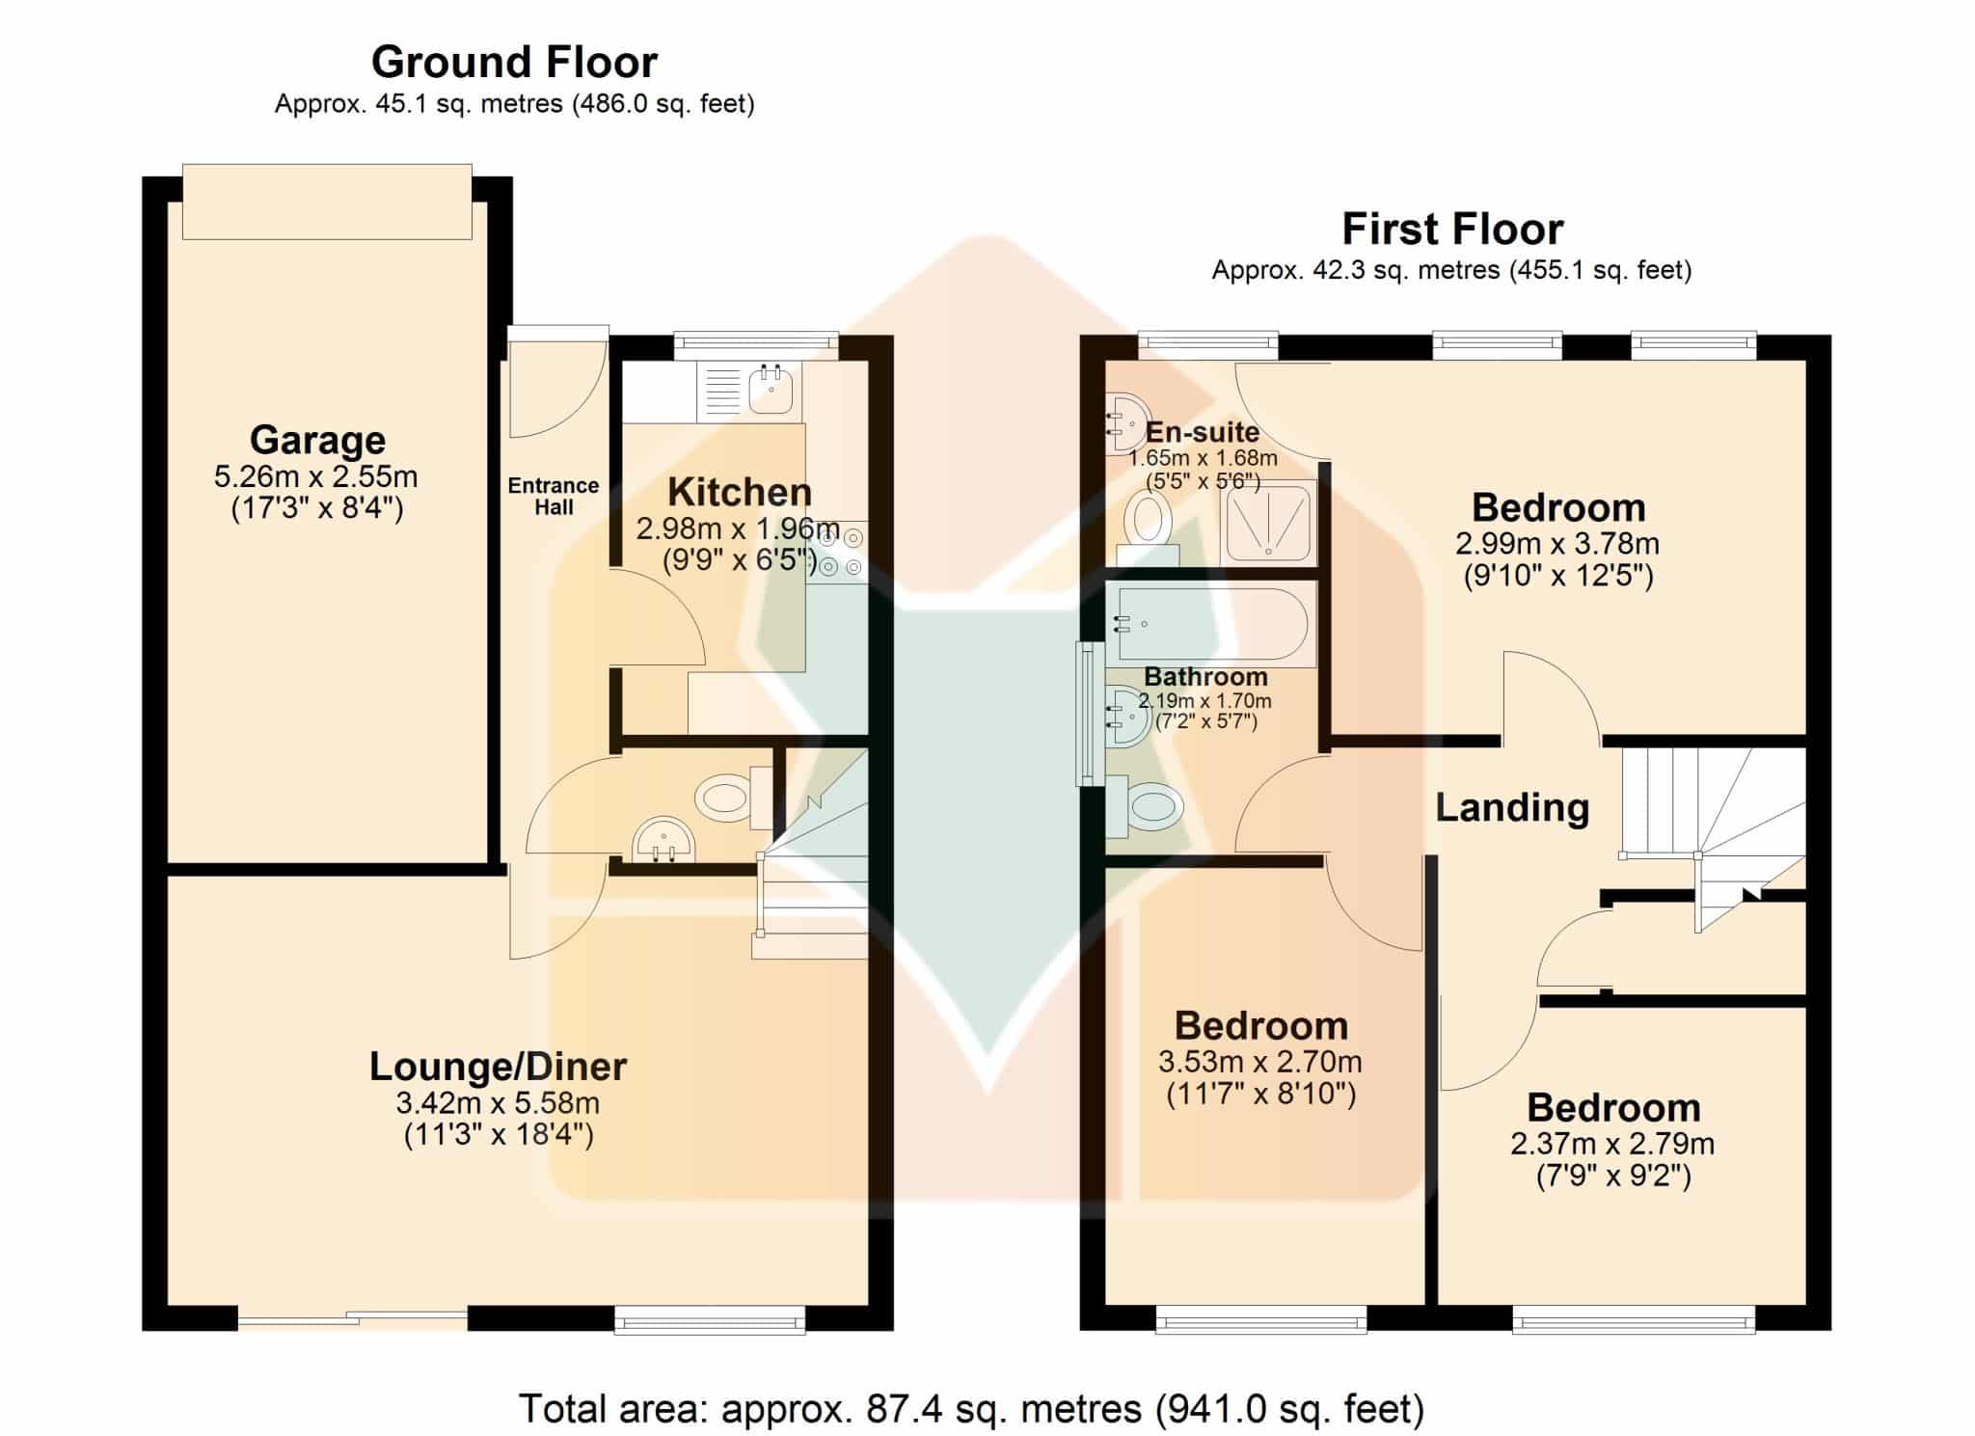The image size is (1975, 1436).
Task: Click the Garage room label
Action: [317, 440]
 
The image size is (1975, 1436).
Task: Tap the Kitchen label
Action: [740, 492]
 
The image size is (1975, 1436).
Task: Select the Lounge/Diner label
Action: [498, 1067]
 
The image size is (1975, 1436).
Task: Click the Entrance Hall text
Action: [554, 497]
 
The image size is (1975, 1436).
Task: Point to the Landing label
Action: [1512, 807]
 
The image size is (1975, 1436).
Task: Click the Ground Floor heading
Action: [514, 62]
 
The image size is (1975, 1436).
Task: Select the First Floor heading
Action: [1452, 229]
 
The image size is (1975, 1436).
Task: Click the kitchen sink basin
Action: [771, 390]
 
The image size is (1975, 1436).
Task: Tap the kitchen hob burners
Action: [838, 552]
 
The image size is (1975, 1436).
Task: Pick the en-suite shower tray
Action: [1268, 523]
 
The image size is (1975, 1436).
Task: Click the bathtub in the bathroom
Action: [1211, 624]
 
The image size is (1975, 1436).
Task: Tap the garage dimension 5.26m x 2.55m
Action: [316, 475]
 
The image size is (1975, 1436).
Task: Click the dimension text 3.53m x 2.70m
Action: [1260, 1062]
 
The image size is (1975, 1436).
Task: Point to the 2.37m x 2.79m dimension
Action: [1612, 1144]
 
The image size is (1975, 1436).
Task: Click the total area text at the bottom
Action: [971, 1408]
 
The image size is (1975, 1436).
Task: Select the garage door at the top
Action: [327, 202]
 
